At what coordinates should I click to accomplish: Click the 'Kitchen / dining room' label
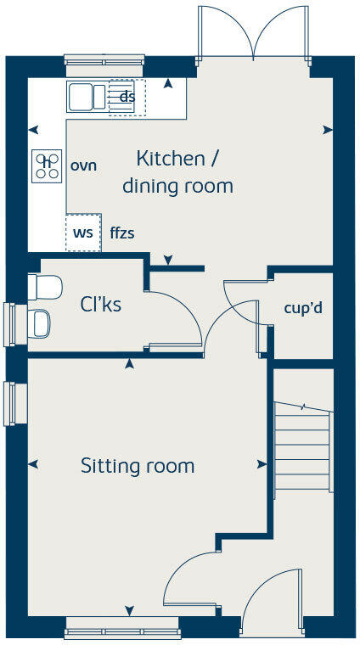(177, 171)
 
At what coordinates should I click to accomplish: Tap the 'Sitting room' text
(138, 466)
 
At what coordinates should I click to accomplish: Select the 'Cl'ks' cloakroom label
(101, 304)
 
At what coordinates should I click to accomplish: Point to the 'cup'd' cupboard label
(302, 307)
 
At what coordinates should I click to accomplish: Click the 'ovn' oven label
(83, 165)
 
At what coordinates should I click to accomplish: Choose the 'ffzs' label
(121, 233)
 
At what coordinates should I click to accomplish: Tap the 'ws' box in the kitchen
(83, 232)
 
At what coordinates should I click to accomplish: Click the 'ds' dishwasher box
(127, 97)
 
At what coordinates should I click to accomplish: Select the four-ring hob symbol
(47, 165)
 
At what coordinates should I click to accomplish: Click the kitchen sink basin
(82, 97)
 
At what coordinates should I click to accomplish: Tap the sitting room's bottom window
(122, 632)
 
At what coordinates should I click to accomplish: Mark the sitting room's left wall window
(11, 403)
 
